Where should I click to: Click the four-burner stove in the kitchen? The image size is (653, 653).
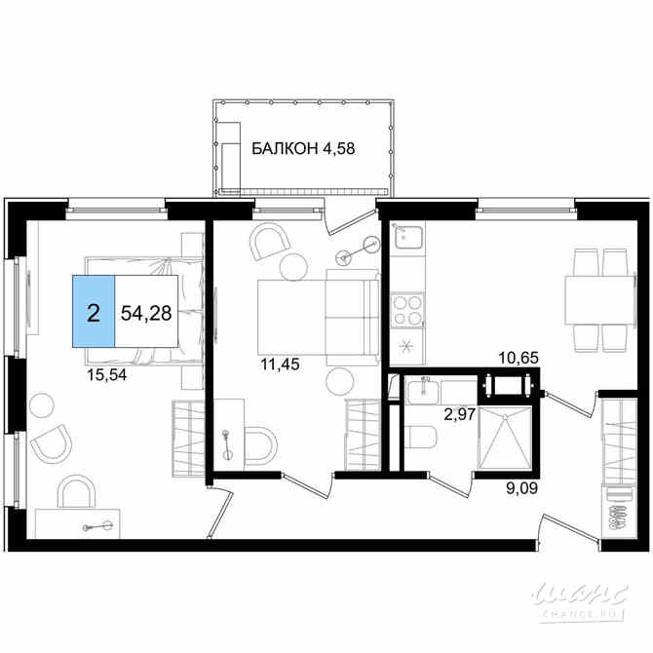point(405,310)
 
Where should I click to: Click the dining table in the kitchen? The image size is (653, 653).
point(599,300)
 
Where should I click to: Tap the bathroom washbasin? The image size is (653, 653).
point(423,392)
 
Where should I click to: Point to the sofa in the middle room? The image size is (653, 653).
point(318,316)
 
